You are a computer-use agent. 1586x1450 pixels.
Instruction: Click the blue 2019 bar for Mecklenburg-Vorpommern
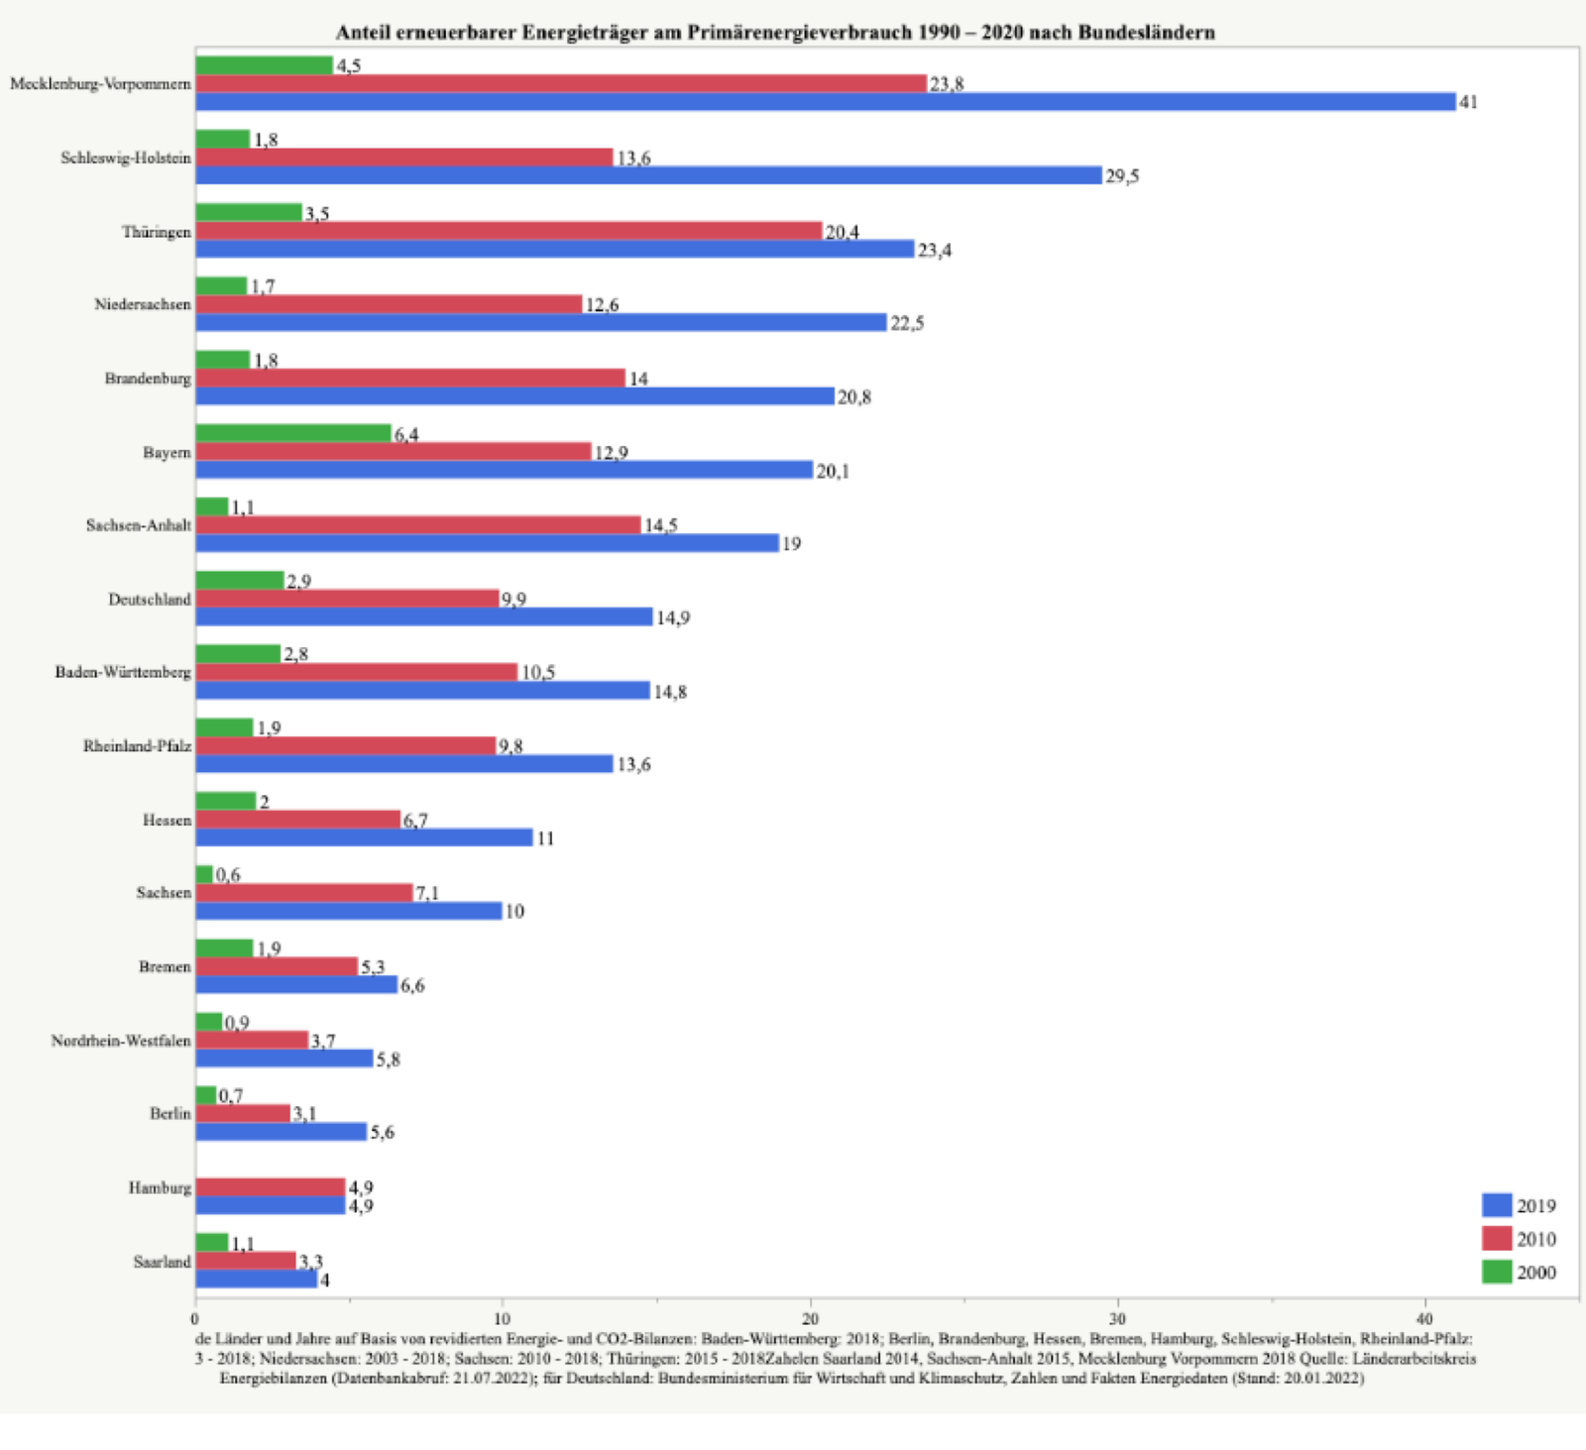[825, 102]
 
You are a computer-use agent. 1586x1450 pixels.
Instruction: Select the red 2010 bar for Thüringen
[509, 231]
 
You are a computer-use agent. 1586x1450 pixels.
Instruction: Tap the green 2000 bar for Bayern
[293, 433]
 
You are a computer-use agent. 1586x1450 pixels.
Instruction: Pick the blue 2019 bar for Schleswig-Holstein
[648, 175]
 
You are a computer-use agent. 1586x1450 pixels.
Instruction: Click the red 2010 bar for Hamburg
[270, 1187]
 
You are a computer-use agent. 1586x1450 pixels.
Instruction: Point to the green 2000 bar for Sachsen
[204, 874]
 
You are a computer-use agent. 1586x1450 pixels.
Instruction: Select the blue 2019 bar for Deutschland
[424, 617]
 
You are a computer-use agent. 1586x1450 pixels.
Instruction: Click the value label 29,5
[1122, 176]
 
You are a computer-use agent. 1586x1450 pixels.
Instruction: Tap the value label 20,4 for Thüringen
[842, 232]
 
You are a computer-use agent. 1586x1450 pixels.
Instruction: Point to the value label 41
[1468, 102]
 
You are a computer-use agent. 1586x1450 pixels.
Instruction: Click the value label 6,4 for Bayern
[406, 434]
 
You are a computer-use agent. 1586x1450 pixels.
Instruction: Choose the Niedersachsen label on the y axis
[143, 304]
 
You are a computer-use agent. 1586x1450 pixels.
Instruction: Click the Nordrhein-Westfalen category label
[121, 1041]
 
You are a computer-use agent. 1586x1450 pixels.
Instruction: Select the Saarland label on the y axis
[162, 1262]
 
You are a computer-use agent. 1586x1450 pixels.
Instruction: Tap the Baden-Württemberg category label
[123, 672]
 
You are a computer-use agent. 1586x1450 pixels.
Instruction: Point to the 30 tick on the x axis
[1117, 1319]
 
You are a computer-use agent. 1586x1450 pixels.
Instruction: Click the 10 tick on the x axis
[503, 1319]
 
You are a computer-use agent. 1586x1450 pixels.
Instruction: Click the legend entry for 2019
[1519, 1205]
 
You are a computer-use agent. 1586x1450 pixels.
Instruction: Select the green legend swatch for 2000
[1497, 1272]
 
